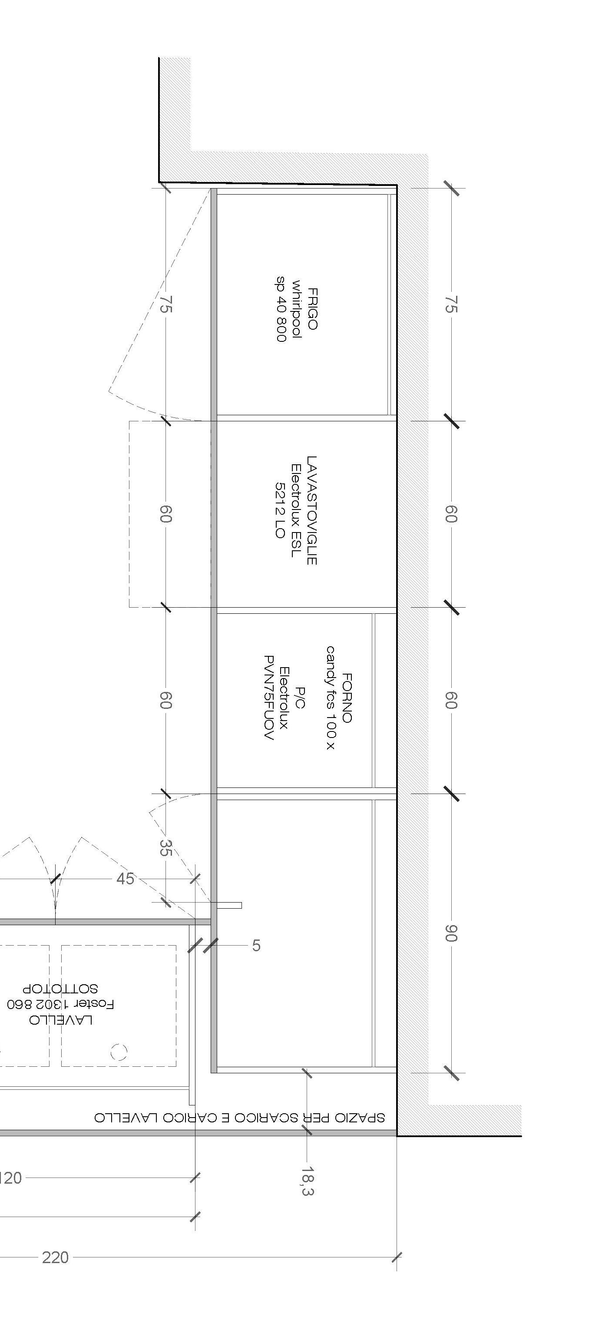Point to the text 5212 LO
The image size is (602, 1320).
[x=280, y=510]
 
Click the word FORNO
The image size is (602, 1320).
[x=347, y=698]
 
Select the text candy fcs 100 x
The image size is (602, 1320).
[x=331, y=698]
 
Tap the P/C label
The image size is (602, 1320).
[x=301, y=698]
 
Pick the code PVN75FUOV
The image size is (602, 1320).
[x=269, y=698]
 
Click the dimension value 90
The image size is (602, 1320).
[x=450, y=933]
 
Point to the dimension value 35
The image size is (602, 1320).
[x=165, y=847]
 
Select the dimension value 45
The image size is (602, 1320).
[x=126, y=879]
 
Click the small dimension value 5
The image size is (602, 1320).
[x=256, y=946]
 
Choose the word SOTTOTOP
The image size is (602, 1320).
[x=60, y=989]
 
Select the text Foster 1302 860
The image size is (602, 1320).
[x=60, y=1004]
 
